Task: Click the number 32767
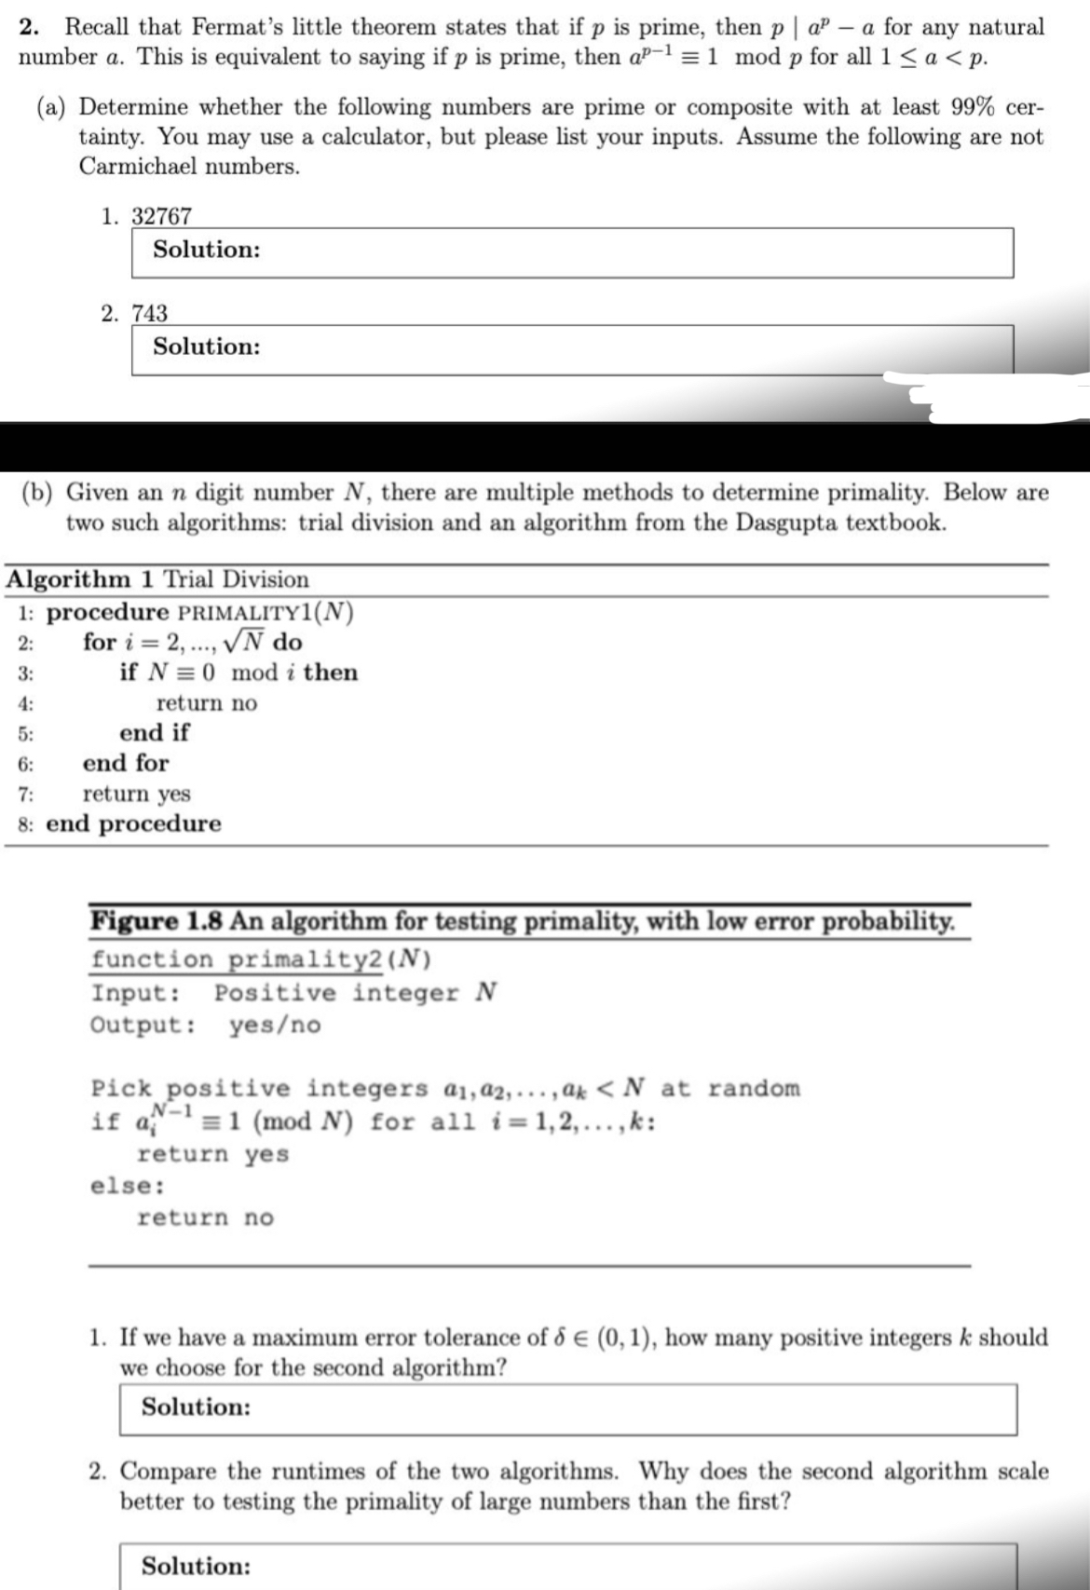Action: click(161, 216)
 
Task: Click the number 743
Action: click(149, 313)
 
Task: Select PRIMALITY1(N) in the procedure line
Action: click(266, 613)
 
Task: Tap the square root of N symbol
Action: click(245, 642)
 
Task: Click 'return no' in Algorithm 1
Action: click(207, 703)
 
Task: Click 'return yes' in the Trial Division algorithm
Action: click(137, 794)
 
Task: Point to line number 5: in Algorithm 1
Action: click(25, 734)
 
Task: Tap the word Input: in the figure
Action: click(136, 993)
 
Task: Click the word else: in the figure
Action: click(129, 1187)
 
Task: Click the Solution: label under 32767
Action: click(207, 250)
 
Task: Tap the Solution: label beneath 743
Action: click(207, 347)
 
